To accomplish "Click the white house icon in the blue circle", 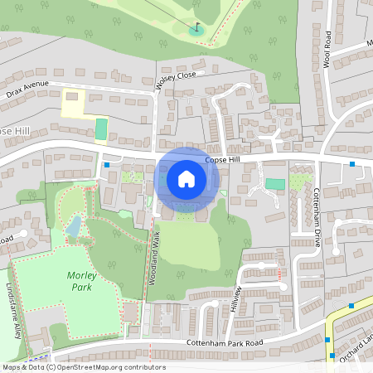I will point(186,178).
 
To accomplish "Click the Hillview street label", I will point(236,299).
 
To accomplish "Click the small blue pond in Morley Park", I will point(75,226).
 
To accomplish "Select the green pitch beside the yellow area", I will point(101,129).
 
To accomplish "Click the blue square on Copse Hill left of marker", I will point(107,164).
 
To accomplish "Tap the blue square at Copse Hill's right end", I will point(352,164).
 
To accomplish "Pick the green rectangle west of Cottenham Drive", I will point(274,183).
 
